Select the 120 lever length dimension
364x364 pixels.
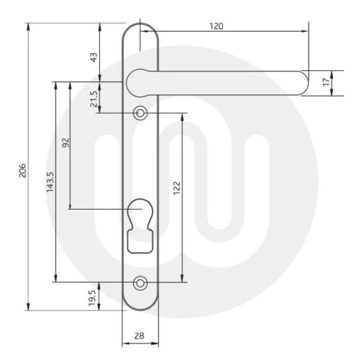pyautogui.click(x=216, y=26)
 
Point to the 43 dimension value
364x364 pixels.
pyautogui.click(x=93, y=58)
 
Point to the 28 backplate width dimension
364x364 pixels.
pyautogui.click(x=140, y=336)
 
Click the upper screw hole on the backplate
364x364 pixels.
pyautogui.click(x=140, y=113)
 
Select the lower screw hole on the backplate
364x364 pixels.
pyautogui.click(x=140, y=283)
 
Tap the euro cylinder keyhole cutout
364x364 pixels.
pyautogui.click(x=140, y=225)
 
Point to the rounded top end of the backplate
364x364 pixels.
pyautogui.click(x=140, y=30)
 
